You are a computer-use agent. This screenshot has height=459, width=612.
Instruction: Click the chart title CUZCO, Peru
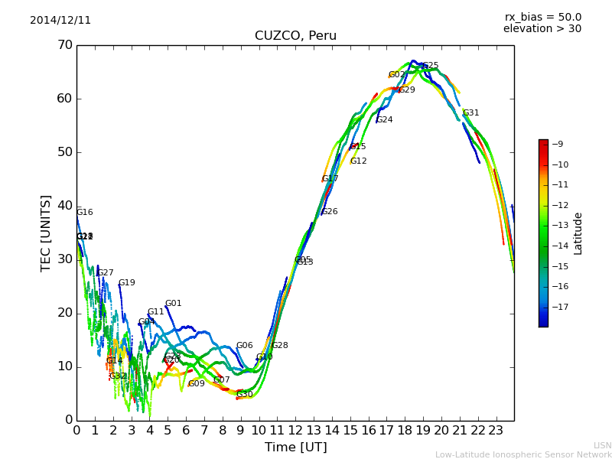(x=295, y=36)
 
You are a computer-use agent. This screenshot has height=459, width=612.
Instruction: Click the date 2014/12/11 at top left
(x=60, y=21)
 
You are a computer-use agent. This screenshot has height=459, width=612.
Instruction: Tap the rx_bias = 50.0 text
(x=542, y=17)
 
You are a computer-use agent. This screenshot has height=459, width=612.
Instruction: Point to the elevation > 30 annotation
(x=542, y=29)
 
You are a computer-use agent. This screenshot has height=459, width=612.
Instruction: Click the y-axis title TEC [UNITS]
(x=46, y=233)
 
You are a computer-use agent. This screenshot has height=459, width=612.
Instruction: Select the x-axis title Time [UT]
(x=295, y=447)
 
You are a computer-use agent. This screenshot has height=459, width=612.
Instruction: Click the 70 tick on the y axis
(x=64, y=45)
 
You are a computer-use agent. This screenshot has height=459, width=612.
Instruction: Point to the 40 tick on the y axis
(x=64, y=206)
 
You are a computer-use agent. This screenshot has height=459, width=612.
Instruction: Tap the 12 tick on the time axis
(x=296, y=430)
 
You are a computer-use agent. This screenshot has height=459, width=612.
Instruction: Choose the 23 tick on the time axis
(x=496, y=430)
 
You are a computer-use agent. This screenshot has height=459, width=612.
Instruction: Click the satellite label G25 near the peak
(x=431, y=66)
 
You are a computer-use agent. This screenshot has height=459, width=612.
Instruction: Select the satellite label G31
(x=470, y=113)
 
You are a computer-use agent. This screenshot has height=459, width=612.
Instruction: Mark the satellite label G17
(x=330, y=179)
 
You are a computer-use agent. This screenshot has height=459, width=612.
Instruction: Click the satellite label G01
(x=174, y=304)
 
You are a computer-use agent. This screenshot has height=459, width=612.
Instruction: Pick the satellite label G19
(x=126, y=283)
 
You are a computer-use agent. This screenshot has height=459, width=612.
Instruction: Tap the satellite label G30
(x=245, y=395)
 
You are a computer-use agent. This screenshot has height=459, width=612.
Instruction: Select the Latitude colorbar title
(x=578, y=233)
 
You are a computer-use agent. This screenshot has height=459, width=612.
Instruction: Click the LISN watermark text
(x=602, y=445)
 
